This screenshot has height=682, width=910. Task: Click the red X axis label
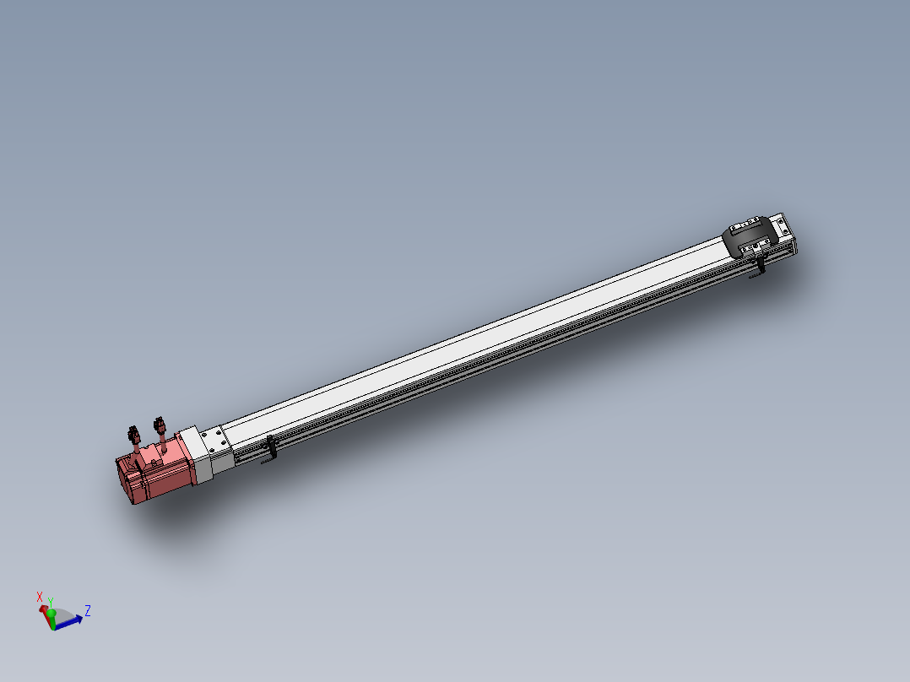40,597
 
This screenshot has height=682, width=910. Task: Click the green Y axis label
51,601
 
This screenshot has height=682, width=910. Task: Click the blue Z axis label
88,609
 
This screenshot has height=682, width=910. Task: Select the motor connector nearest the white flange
158,426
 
